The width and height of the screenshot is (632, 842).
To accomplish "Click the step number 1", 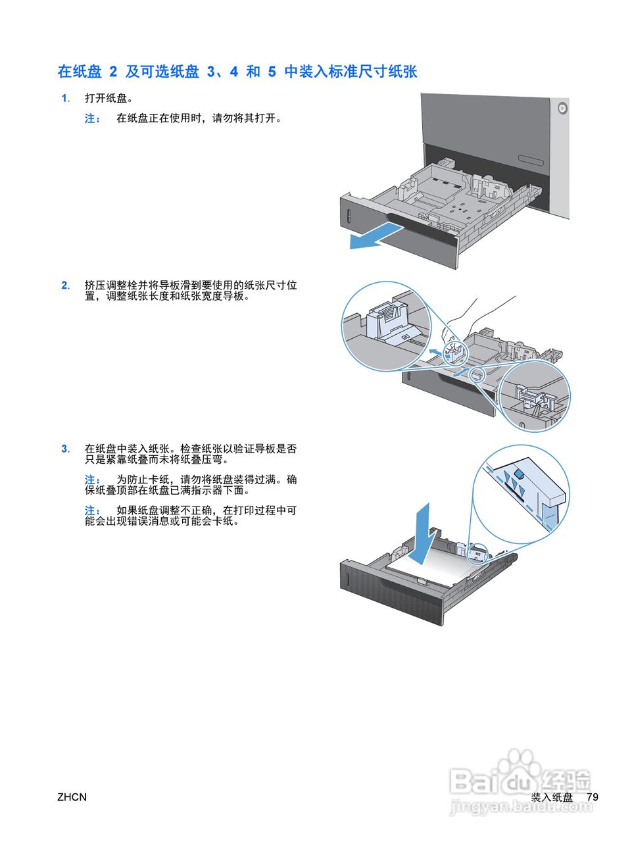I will pos(64,99).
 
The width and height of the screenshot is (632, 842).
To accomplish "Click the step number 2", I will pos(64,285).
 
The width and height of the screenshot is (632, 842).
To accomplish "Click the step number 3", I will pos(64,449).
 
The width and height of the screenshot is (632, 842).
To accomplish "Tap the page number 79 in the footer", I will pos(592,797).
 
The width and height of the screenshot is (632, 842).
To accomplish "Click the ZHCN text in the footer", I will pos(72,797).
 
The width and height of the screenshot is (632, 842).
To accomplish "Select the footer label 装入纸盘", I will pos(552,797).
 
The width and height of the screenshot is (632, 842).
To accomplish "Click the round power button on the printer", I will pos(561,108).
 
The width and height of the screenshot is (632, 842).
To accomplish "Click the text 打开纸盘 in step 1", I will pos(109,99).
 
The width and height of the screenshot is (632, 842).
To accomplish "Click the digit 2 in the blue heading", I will pos(113,72).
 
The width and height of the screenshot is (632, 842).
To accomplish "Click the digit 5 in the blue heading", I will pos(272,72).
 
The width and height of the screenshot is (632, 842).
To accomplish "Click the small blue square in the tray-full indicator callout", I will pos(518,473).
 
